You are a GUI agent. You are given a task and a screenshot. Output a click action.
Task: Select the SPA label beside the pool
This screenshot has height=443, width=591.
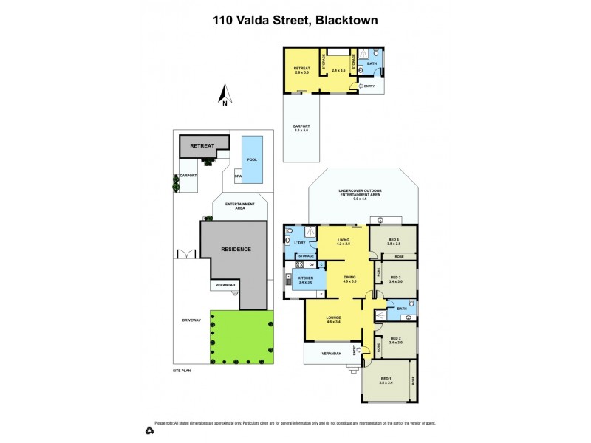point(238,177)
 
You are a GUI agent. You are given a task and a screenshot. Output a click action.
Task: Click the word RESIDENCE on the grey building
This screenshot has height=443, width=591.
point(236,249)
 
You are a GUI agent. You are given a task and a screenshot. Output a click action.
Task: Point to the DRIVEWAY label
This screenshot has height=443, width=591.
point(191,320)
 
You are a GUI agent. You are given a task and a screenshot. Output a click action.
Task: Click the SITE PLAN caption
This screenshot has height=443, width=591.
point(182,369)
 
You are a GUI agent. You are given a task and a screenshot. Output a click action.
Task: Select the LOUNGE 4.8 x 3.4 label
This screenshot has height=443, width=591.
point(332,320)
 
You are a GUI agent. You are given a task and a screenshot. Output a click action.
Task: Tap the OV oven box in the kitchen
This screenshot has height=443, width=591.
point(311,264)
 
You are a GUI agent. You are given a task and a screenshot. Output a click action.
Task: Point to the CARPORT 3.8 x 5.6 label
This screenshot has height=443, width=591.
point(301,128)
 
